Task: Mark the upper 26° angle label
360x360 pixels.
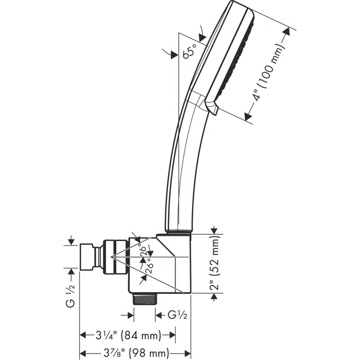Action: point(143,251)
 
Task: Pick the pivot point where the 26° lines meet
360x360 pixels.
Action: point(113,258)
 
